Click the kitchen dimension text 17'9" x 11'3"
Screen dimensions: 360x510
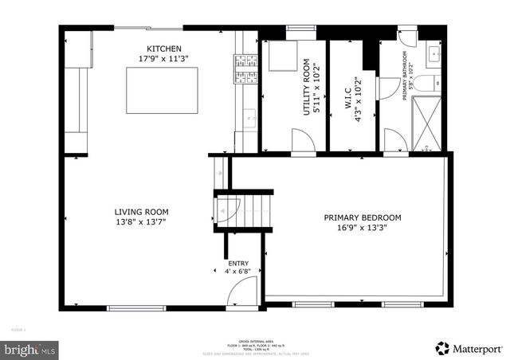pos(163,59)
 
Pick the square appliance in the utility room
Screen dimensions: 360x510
pos(281,57)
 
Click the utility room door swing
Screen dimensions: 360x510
pos(303,140)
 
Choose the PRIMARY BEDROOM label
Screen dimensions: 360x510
pos(362,217)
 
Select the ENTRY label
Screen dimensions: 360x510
pos(238,263)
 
